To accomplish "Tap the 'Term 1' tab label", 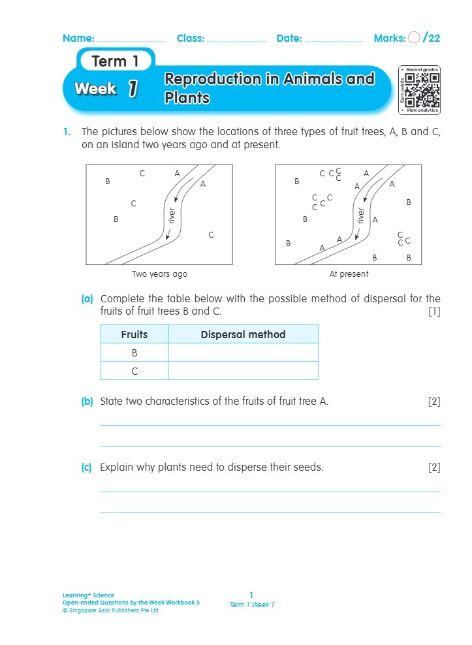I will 116,62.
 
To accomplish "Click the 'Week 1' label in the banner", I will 106,89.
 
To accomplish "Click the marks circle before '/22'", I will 414,38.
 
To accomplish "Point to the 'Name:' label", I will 78,39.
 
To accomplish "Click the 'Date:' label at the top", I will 289,39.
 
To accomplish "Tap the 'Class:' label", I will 191,39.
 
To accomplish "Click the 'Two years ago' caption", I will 159,274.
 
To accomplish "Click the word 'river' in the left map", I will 172,216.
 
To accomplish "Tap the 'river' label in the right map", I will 360,216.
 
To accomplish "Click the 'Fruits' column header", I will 134,334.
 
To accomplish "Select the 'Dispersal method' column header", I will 243,334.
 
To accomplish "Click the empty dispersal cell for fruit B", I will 243,353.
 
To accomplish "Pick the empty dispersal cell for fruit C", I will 243,371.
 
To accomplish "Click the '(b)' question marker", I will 87,401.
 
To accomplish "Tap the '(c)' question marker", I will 87,467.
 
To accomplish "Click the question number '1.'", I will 67,132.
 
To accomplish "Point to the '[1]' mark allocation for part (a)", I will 434,311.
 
